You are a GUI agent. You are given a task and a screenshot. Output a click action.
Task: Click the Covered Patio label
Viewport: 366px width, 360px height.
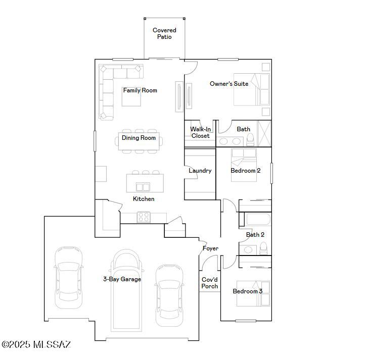(x=164, y=34)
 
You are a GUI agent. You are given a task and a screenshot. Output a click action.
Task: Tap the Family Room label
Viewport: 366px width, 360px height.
(x=140, y=90)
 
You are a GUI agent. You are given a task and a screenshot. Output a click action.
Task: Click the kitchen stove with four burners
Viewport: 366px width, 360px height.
(x=144, y=217)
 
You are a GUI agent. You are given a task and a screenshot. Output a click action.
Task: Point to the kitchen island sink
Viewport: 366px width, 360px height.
(x=143, y=186)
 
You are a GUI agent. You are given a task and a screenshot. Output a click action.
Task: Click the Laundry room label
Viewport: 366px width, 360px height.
(x=200, y=171)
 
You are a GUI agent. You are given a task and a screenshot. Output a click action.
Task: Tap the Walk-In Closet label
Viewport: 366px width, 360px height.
(x=200, y=132)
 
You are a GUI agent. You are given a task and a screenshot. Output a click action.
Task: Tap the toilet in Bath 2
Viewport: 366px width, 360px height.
(x=263, y=248)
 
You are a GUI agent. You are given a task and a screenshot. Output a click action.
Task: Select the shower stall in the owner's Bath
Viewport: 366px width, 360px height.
(x=264, y=133)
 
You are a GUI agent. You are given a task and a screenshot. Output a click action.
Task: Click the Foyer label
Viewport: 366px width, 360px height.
(x=210, y=248)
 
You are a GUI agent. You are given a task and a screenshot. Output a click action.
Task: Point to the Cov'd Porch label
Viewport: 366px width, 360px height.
(x=210, y=283)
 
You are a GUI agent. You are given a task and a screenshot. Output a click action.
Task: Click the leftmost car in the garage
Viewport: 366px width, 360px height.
(x=68, y=277)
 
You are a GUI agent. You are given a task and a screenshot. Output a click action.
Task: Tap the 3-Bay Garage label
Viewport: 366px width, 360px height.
(x=122, y=279)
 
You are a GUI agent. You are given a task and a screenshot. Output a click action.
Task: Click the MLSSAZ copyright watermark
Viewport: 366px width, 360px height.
(x=36, y=345)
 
